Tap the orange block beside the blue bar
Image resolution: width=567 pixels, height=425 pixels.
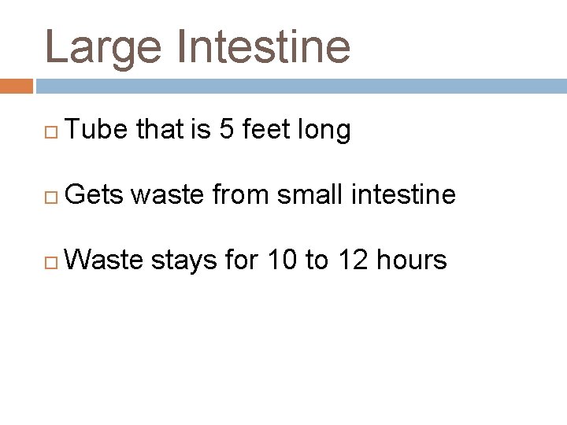[16, 86]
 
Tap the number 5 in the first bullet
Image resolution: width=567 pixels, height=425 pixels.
[226, 130]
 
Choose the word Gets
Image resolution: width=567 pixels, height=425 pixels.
[95, 194]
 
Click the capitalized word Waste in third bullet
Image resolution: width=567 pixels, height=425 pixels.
[104, 259]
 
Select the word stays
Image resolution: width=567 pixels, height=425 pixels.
[183, 261]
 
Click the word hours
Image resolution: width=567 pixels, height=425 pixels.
[411, 259]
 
